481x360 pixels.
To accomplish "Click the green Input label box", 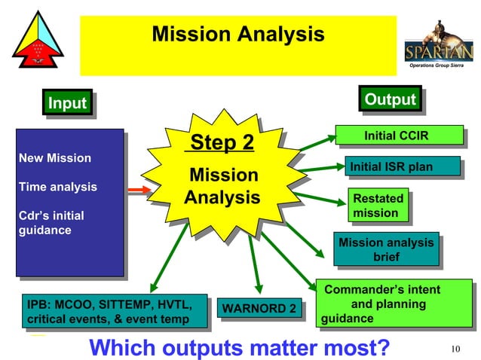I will pos(67,103).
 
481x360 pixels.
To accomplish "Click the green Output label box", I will pos(390,99).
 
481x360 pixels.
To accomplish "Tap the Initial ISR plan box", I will pos(391,166).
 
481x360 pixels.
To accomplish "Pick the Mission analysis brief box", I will pos(386,250).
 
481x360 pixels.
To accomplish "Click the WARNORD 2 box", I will pos(259,309).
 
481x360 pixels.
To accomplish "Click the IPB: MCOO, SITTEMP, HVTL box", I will pos(115,312).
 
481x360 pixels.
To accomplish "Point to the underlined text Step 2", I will pos(222,143).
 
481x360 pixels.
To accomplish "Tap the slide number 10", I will pos(455,348).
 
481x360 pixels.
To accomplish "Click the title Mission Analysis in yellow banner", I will pos(238,35).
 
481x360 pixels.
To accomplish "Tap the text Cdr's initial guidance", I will pos(51,223).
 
